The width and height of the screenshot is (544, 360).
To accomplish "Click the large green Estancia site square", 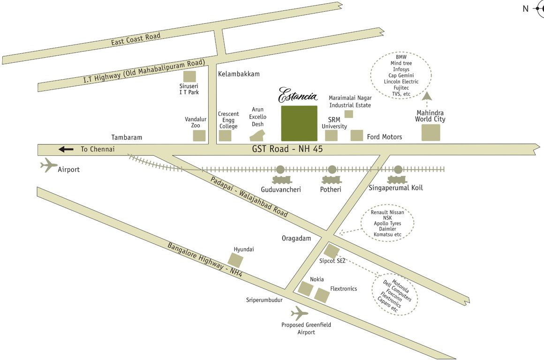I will [x=299, y=123].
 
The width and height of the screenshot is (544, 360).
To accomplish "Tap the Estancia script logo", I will [x=298, y=95].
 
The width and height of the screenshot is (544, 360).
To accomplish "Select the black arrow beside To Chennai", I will [x=66, y=150].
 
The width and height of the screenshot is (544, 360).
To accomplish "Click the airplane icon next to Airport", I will [x=49, y=165].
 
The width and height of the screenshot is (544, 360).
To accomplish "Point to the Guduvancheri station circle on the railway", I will [x=280, y=169].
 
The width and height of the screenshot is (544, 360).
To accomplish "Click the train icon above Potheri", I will [x=332, y=180].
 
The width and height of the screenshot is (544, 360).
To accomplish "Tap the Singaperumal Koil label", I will [x=396, y=188].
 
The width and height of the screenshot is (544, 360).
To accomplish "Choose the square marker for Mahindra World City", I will [x=431, y=133].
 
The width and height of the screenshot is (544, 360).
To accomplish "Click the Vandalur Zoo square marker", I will [x=199, y=136].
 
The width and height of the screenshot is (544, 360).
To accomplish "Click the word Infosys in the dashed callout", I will [x=401, y=69].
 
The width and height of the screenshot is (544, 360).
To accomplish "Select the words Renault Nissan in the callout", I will [x=387, y=212].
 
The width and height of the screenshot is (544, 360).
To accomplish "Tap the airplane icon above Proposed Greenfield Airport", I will [x=299, y=313].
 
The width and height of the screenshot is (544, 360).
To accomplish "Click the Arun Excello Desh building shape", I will [x=257, y=135].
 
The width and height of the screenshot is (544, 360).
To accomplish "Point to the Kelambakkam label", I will [x=239, y=74].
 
